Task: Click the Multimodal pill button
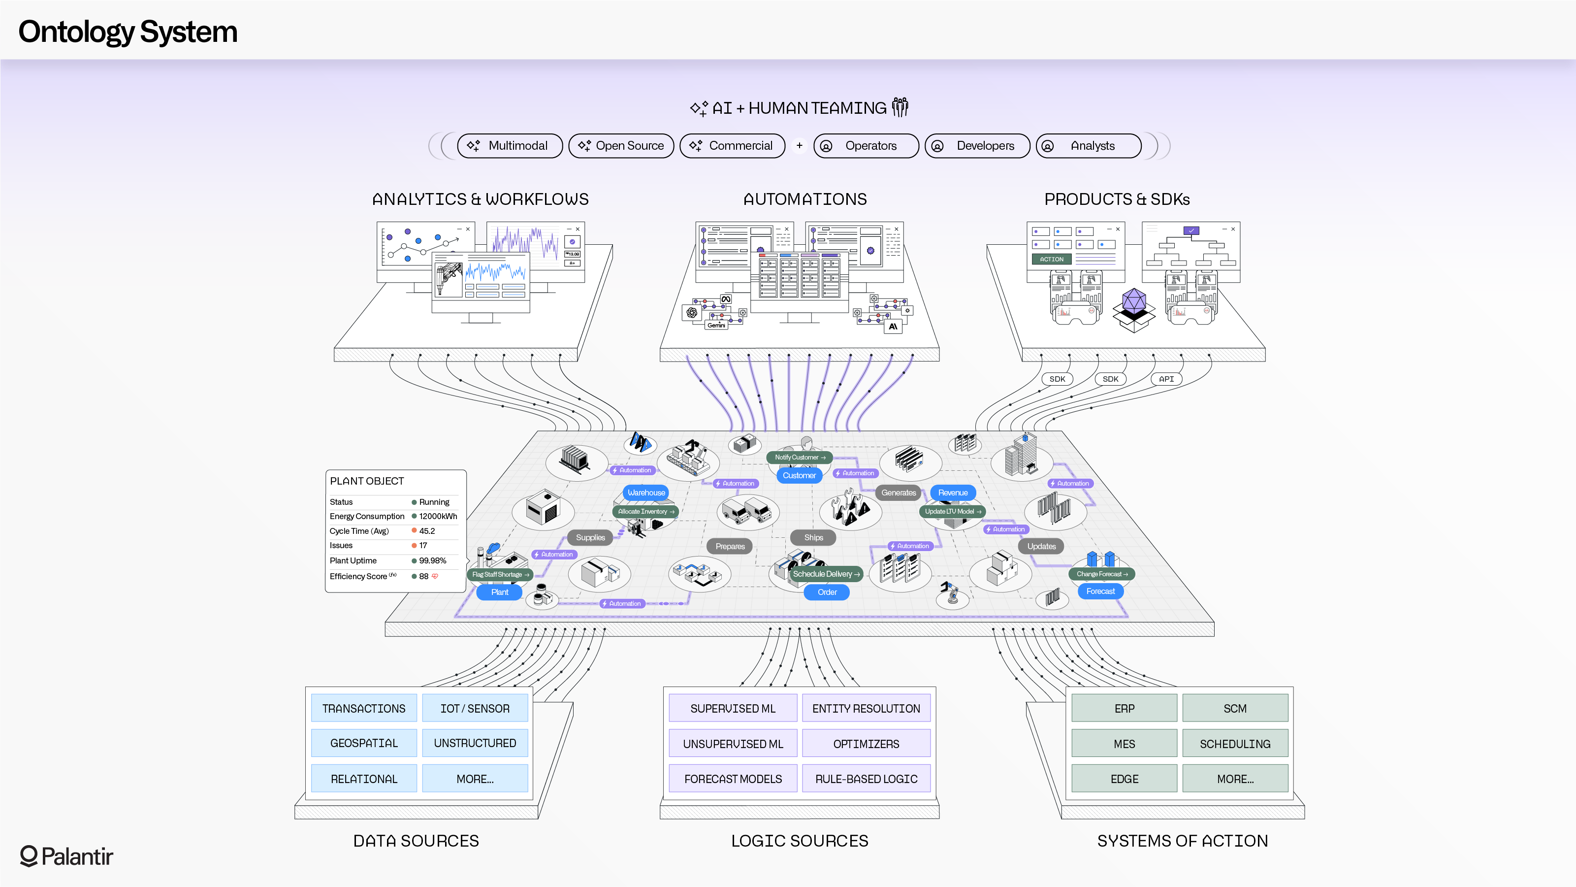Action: [x=510, y=146]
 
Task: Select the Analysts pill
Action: [x=1089, y=146]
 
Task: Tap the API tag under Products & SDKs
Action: [x=1166, y=379]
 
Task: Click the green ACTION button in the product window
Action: [x=1051, y=260]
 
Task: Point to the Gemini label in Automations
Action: [x=716, y=326]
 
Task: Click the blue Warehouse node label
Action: [x=646, y=493]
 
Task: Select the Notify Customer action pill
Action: [x=800, y=457]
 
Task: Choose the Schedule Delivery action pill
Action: [x=827, y=574]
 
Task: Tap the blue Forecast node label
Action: [x=1100, y=591]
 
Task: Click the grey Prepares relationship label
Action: [x=730, y=547]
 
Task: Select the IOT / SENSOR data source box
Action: [x=475, y=708]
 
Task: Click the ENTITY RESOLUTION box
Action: [x=866, y=708]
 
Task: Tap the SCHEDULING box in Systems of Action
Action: [x=1235, y=744]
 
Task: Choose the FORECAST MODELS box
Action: [x=733, y=779]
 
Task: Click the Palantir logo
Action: [x=66, y=856]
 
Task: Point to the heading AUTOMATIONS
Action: [x=804, y=199]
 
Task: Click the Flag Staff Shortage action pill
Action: [x=500, y=575]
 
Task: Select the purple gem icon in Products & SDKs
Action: [x=1134, y=300]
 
